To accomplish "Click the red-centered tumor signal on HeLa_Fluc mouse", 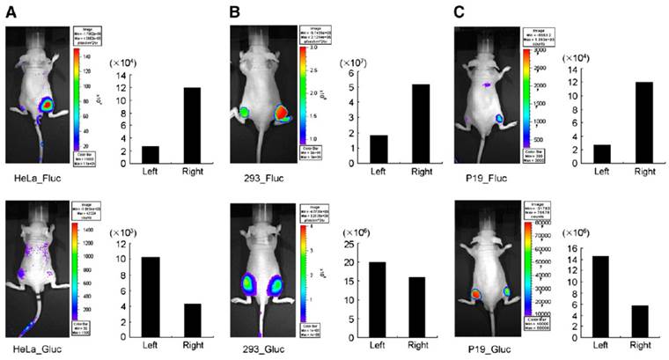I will pos(47,107).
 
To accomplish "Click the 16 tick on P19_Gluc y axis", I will pos(577,246).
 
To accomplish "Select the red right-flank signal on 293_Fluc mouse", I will pos(282,114).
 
